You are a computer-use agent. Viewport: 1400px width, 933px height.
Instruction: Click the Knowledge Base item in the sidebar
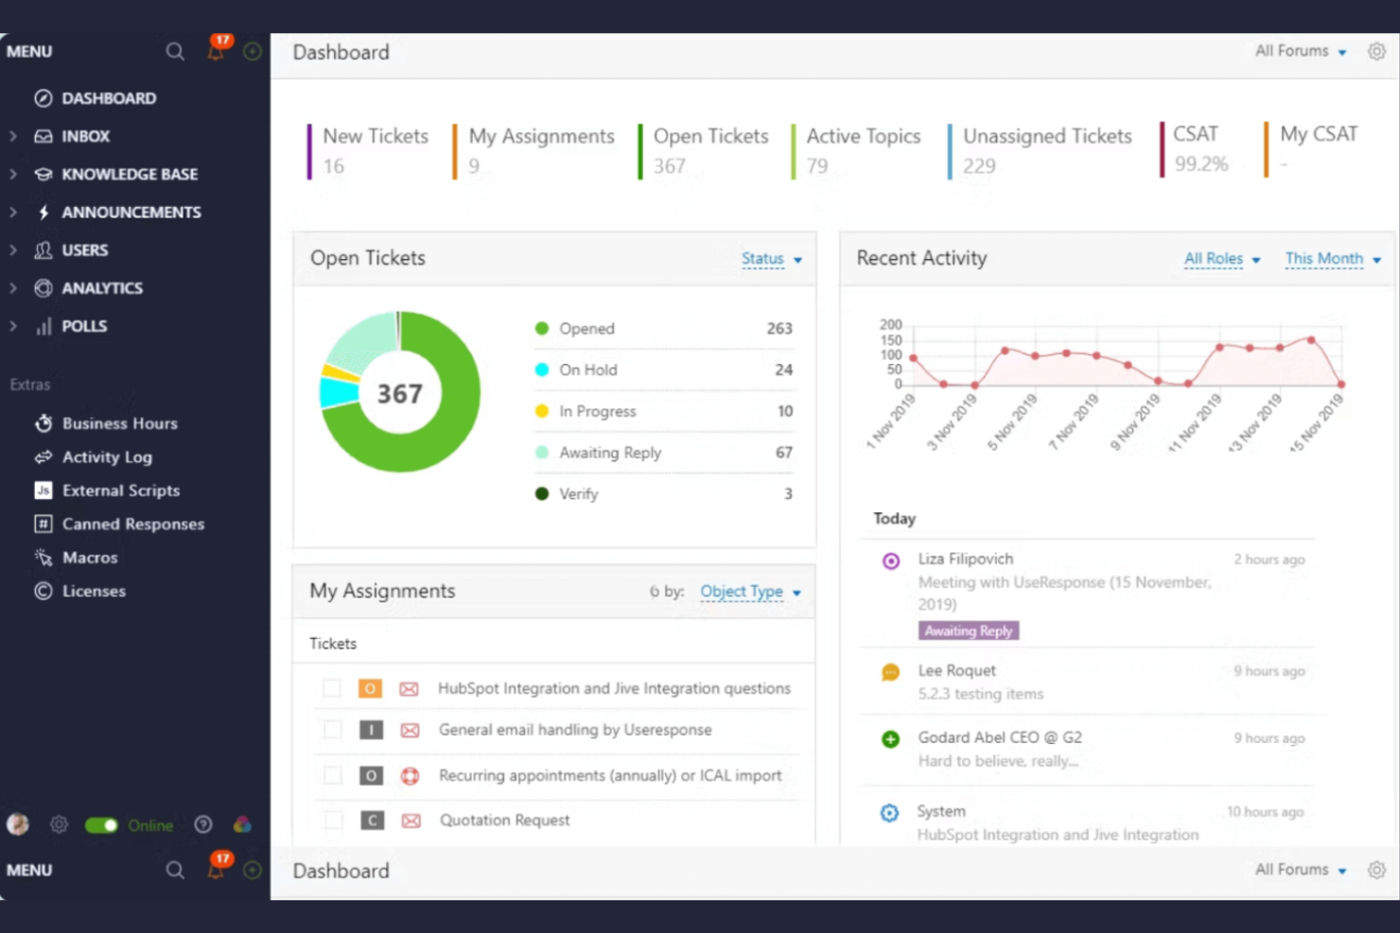(x=129, y=174)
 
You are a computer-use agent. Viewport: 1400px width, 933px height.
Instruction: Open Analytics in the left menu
(x=101, y=288)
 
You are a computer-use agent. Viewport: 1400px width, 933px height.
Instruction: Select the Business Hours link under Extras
(x=119, y=423)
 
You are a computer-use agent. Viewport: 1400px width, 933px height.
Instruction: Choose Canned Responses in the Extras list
(x=132, y=524)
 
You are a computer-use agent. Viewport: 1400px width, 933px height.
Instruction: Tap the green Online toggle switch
(x=101, y=825)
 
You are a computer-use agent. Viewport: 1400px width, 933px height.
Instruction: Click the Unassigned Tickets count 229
(x=979, y=166)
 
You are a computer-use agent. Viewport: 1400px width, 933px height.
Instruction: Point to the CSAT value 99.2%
(x=1200, y=164)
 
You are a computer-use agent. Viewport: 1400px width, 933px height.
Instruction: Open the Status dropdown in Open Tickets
(x=771, y=259)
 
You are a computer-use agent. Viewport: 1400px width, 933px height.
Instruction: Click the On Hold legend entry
(x=587, y=370)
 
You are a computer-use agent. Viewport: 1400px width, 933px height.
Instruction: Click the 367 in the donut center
(x=399, y=393)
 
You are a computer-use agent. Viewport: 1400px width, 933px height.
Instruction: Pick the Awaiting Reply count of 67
(x=783, y=453)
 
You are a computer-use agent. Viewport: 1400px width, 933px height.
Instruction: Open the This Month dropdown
(x=1332, y=259)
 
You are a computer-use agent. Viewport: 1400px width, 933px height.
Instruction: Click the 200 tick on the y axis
(x=890, y=324)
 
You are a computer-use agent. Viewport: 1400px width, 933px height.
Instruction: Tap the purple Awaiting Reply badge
(x=968, y=631)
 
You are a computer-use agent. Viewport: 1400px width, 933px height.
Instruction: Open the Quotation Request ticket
(x=504, y=821)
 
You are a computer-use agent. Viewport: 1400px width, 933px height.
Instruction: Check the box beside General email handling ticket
(x=332, y=730)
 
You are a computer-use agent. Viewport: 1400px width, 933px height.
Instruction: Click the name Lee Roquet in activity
(x=956, y=670)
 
